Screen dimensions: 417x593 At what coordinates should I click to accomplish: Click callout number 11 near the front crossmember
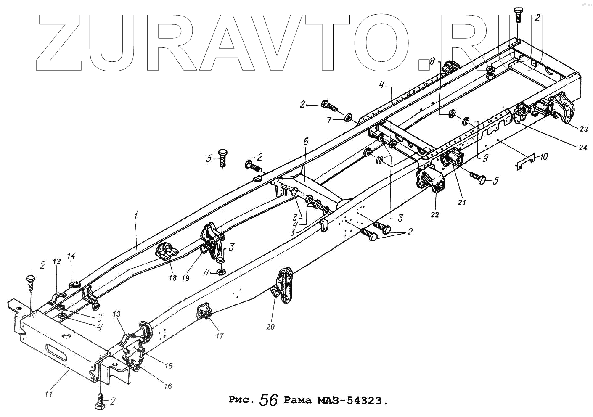tap(48, 394)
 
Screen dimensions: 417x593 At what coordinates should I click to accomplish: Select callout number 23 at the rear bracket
tap(584, 129)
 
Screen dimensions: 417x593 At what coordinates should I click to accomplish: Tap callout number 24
tap(582, 148)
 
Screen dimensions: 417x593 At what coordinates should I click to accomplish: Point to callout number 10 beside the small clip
tap(543, 157)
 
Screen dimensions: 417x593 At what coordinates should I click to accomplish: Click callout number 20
tap(270, 326)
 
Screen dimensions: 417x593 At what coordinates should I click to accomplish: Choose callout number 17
tap(220, 336)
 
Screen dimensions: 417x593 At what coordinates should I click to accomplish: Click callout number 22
tap(434, 214)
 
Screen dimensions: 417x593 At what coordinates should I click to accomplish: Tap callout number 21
tap(462, 202)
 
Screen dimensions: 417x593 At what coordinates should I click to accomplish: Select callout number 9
tap(485, 158)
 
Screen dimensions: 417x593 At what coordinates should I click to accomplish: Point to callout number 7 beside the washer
tap(330, 121)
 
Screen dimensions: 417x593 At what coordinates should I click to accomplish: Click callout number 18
tap(172, 278)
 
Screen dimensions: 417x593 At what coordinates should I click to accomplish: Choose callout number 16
tap(167, 386)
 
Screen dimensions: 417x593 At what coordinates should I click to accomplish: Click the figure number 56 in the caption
tap(269, 400)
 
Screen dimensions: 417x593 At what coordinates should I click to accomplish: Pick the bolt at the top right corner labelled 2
tap(518, 14)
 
